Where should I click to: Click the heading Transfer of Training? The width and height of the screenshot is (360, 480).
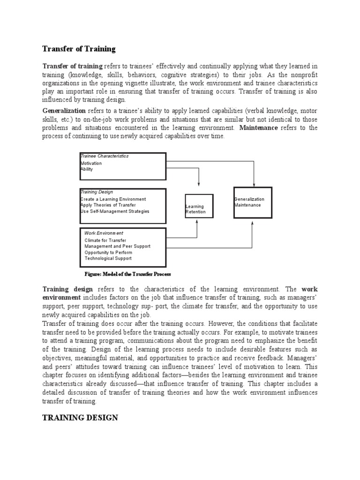click(x=79, y=49)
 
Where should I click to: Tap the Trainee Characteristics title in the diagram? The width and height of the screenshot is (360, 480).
click(x=105, y=156)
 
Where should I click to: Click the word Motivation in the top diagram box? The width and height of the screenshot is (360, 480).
click(x=91, y=164)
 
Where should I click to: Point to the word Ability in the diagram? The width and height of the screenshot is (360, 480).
click(x=87, y=169)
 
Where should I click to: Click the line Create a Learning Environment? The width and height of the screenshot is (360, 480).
click(x=113, y=199)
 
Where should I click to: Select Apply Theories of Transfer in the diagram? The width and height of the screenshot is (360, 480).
click(x=108, y=205)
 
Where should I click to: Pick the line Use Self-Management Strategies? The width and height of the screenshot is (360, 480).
click(x=115, y=211)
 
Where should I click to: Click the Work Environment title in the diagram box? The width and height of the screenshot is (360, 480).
click(x=104, y=233)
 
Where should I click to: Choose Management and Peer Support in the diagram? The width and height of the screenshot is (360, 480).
click(x=117, y=246)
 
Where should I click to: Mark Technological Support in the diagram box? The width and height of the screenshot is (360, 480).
click(x=108, y=258)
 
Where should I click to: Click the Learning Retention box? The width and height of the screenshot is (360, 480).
click(x=199, y=206)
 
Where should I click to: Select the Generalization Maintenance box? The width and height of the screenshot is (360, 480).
click(x=253, y=202)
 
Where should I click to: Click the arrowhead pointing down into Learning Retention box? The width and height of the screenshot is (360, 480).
click(x=200, y=183)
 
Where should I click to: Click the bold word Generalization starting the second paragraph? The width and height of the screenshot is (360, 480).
click(x=64, y=111)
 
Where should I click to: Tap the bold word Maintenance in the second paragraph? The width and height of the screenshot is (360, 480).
click(x=259, y=128)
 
